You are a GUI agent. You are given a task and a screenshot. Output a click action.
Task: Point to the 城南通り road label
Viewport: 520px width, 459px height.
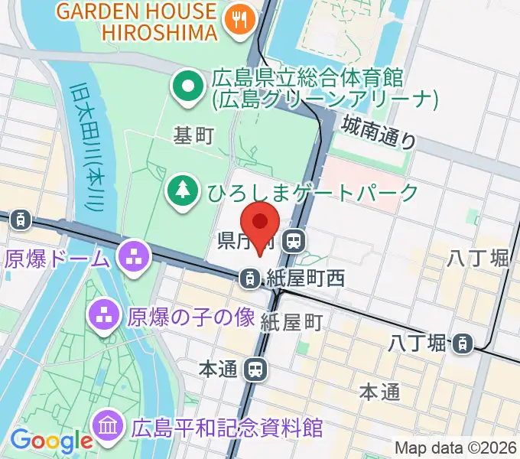379,131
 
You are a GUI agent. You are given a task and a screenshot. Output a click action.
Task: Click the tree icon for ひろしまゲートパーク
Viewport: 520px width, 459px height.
182,190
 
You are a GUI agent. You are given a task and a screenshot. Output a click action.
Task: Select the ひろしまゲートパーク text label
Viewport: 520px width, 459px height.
313,191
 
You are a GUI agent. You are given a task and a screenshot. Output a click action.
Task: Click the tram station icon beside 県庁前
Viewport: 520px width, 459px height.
291,242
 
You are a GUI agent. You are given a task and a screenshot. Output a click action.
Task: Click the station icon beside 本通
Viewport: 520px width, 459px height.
255,369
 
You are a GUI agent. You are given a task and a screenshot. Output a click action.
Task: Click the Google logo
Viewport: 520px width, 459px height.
50,441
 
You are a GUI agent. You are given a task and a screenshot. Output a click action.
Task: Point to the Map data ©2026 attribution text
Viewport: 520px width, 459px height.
455,448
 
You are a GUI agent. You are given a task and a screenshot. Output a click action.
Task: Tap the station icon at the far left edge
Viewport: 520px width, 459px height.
21,220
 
